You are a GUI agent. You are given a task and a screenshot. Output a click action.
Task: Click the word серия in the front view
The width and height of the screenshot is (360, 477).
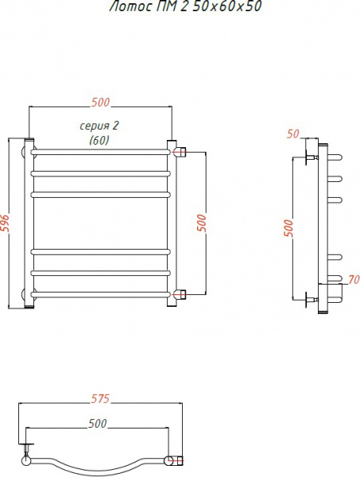click(x=94, y=126)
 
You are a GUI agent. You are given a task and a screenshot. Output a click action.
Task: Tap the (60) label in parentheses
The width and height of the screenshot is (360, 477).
click(x=99, y=140)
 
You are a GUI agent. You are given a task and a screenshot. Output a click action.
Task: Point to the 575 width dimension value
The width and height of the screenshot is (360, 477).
click(x=99, y=398)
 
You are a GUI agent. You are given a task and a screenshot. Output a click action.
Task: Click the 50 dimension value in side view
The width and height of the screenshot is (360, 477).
click(x=293, y=134)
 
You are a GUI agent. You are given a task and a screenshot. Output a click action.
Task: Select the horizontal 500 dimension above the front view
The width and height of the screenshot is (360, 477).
click(x=100, y=102)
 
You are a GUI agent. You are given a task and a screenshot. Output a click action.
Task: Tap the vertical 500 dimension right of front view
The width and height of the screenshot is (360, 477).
click(x=201, y=223)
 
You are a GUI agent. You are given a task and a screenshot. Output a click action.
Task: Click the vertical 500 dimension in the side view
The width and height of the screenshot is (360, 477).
click(x=288, y=227)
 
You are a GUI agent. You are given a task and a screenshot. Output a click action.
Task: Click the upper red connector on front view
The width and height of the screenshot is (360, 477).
click(x=181, y=151)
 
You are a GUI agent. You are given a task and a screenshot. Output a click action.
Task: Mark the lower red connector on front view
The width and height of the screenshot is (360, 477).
click(x=181, y=296)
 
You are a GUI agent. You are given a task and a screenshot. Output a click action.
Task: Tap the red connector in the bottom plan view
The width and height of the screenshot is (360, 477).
click(x=177, y=460)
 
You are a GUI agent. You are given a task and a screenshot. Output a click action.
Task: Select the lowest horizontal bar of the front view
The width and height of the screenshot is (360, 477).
click(x=101, y=296)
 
